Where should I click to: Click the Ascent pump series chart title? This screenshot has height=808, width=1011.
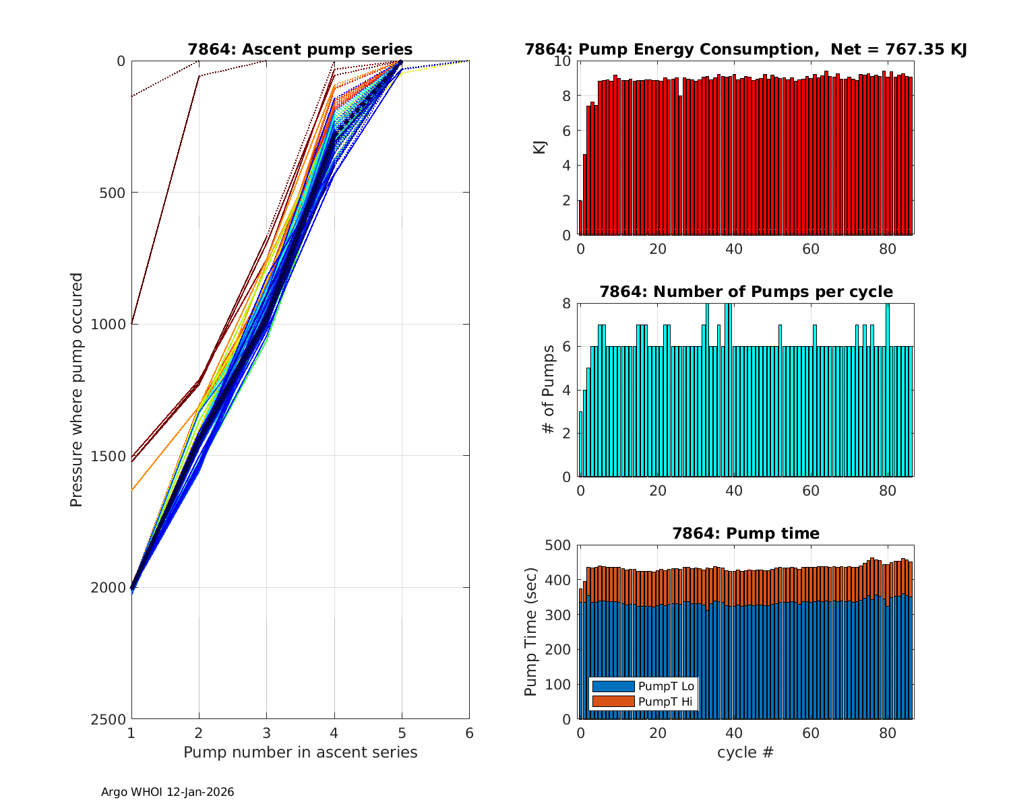(300, 49)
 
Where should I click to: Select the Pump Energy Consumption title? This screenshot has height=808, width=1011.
(745, 49)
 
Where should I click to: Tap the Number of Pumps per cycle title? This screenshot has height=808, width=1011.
(745, 292)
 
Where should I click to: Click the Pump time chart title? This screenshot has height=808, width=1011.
(745, 533)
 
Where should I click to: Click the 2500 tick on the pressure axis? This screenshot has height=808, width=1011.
(111, 719)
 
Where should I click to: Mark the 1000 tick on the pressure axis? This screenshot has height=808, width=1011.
(111, 324)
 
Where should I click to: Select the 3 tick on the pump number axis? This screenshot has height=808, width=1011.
(267, 733)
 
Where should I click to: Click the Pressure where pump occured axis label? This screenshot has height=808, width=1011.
(77, 390)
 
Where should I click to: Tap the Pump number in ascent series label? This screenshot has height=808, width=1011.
(300, 752)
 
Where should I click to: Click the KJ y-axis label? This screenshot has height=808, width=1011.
(540, 147)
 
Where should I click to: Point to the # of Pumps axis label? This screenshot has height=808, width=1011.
(549, 390)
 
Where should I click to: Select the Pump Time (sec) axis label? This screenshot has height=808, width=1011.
(532, 632)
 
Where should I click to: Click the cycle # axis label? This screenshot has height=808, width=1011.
(745, 752)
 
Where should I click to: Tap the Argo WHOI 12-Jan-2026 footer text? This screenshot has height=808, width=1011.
(168, 793)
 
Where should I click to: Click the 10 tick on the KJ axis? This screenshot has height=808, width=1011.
(563, 61)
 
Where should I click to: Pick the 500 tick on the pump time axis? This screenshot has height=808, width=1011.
(559, 545)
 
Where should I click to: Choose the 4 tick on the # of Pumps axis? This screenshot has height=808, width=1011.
(566, 391)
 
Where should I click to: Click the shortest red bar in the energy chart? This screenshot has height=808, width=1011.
(580, 217)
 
